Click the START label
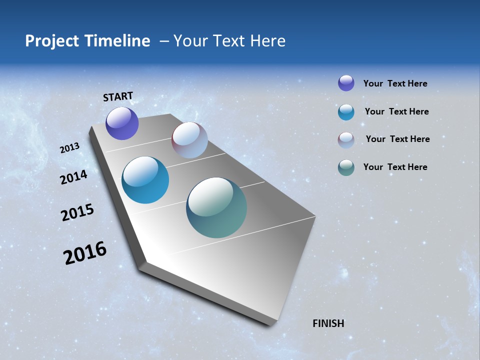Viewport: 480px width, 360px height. pyautogui.click(x=118, y=96)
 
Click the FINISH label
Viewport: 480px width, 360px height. pyautogui.click(x=328, y=323)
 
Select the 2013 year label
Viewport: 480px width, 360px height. pyautogui.click(x=69, y=148)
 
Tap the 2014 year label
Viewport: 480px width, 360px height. pyautogui.click(x=73, y=177)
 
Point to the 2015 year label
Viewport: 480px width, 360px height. pyautogui.click(x=77, y=212)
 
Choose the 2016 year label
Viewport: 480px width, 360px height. pyautogui.click(x=84, y=253)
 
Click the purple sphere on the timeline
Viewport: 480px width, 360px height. pyautogui.click(x=122, y=123)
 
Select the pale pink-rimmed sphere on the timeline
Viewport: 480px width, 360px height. pyautogui.click(x=189, y=140)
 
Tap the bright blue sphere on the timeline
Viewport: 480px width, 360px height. pyautogui.click(x=145, y=180)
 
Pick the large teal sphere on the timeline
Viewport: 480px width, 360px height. pyautogui.click(x=216, y=207)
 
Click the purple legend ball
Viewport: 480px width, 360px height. pyautogui.click(x=346, y=83)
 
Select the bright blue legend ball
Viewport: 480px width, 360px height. pyautogui.click(x=346, y=112)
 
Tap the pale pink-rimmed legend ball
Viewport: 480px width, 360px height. pyautogui.click(x=346, y=140)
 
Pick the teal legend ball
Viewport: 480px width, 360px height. pyautogui.click(x=346, y=167)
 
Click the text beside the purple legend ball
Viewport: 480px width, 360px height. pyautogui.click(x=395, y=83)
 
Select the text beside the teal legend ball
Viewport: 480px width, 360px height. pyautogui.click(x=395, y=167)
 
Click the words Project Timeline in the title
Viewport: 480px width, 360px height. pyautogui.click(x=87, y=41)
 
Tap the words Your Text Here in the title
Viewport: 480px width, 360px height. pyautogui.click(x=229, y=41)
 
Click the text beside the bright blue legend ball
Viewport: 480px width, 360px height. pyautogui.click(x=396, y=111)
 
